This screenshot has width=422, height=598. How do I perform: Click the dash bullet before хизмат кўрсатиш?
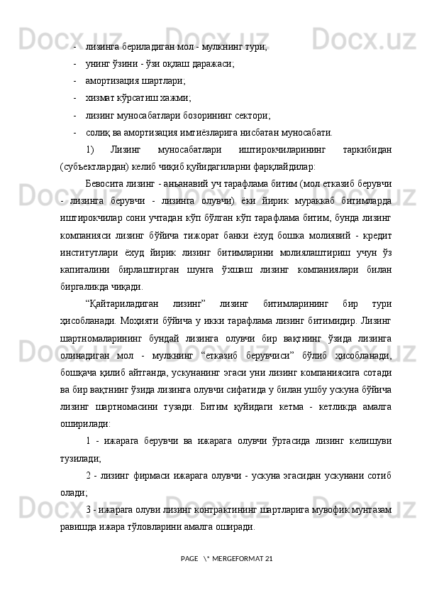[x=74, y=97]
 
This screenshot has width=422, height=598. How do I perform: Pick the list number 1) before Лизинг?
[x=89, y=150]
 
